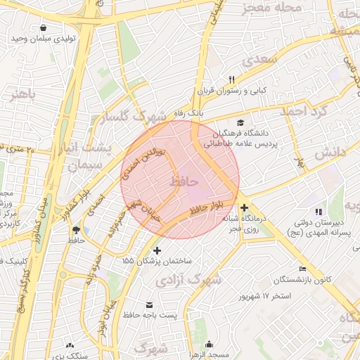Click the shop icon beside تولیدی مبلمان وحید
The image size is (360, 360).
44,27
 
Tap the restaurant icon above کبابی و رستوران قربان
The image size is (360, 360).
231,79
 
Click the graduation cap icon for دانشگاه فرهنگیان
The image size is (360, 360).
241,122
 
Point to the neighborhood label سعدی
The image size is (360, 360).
261,60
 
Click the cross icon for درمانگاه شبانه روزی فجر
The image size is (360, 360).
244,207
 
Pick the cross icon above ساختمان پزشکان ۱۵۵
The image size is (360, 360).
156,250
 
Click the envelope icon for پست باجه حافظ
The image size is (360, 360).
149,304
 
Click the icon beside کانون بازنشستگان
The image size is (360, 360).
302,269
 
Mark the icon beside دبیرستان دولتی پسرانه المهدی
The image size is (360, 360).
319,211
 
